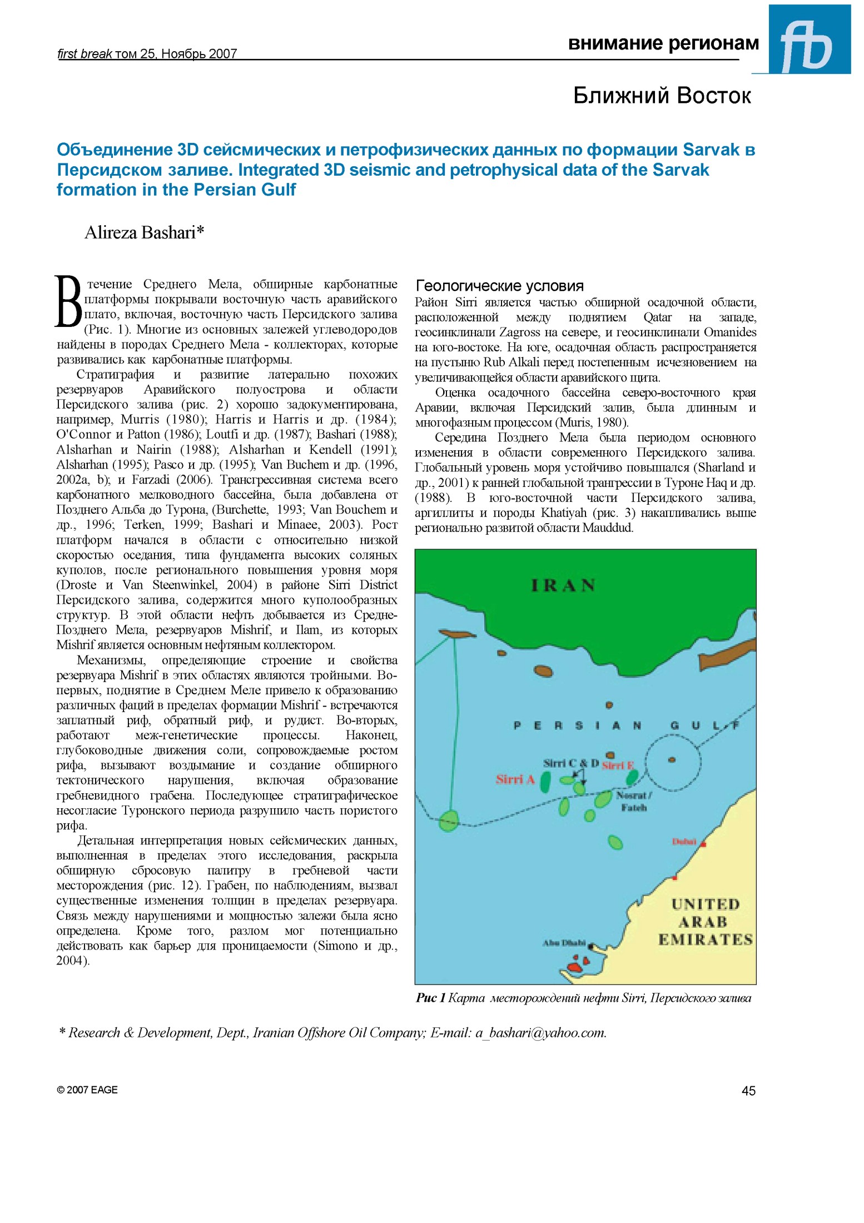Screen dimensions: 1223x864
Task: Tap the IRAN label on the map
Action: click(x=563, y=585)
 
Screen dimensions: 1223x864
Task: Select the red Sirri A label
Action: click(x=515, y=779)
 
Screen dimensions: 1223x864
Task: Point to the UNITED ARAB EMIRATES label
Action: click(x=705, y=922)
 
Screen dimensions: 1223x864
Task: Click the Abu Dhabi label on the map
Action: click(x=564, y=943)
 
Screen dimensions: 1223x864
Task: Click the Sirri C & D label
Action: click(x=570, y=763)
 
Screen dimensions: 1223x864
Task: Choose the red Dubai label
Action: click(x=684, y=842)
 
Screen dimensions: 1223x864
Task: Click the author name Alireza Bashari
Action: click(x=144, y=232)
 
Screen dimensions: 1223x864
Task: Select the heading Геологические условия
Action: click(x=499, y=286)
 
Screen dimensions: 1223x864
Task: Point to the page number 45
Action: click(x=748, y=1091)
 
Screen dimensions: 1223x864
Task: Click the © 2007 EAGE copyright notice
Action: click(x=87, y=1090)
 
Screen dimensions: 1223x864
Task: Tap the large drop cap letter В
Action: click(x=69, y=301)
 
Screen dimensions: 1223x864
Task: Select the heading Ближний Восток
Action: click(x=662, y=96)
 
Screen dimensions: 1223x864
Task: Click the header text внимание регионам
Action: click(x=663, y=43)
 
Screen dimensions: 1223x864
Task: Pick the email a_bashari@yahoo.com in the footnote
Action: click(x=539, y=1033)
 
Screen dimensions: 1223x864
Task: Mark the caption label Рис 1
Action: click(x=430, y=998)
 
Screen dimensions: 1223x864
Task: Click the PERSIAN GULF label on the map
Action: click(x=626, y=725)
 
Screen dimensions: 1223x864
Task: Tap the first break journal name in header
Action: click(x=85, y=54)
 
